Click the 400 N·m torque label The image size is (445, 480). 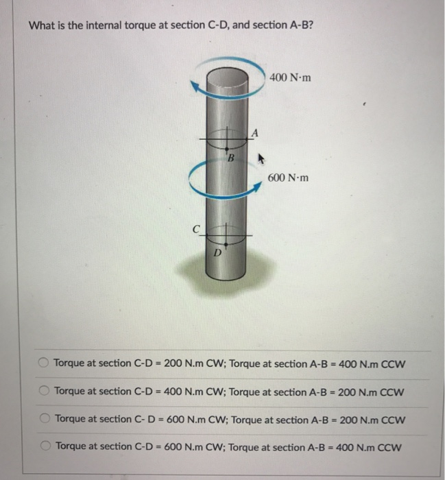(x=291, y=77)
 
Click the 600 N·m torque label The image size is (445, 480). (x=289, y=178)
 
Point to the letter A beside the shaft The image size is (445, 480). (x=255, y=132)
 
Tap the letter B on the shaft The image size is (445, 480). (x=231, y=160)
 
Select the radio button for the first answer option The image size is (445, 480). (x=44, y=363)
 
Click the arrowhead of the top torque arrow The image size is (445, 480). (x=197, y=87)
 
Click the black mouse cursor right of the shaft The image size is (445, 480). (x=260, y=158)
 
